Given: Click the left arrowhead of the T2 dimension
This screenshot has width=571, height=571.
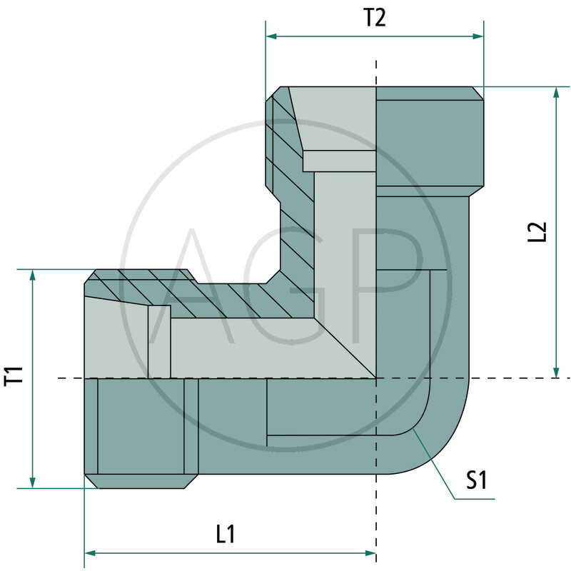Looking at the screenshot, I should click(271, 36).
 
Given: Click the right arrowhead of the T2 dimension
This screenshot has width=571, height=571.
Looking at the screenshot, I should click(478, 36).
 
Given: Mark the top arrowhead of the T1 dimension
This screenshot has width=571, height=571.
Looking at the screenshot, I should click(31, 276).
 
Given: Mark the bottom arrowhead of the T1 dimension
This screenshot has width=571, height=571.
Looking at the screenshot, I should click(31, 482).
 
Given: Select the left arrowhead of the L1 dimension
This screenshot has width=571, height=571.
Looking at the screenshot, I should click(90, 552).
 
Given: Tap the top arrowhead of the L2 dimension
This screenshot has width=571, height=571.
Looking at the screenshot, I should click(555, 93).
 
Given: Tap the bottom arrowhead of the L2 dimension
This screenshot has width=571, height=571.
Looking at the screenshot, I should click(555, 372).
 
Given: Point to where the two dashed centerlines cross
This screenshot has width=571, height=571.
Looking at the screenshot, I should click(376, 378).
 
